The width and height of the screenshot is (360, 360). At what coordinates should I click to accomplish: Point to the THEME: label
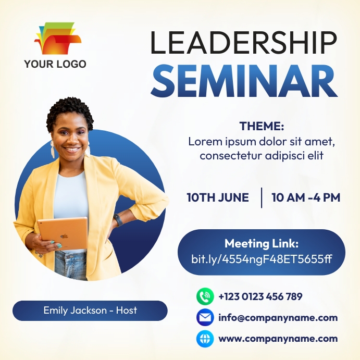click(x=262, y=126)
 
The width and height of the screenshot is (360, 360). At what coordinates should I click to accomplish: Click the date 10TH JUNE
click(x=218, y=197)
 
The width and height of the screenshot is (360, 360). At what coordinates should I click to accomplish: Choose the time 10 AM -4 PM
click(x=306, y=197)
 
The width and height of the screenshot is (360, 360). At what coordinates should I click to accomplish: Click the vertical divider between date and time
click(x=262, y=197)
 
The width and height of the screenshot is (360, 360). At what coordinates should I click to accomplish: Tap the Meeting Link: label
click(x=262, y=243)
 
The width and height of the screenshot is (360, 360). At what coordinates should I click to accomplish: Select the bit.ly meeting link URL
click(x=262, y=258)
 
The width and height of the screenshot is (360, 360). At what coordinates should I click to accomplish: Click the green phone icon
click(x=205, y=296)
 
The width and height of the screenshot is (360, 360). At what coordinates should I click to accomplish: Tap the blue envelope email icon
click(x=205, y=317)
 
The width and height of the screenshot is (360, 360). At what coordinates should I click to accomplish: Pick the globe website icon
click(x=205, y=339)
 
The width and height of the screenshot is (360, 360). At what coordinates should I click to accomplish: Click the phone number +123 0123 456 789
click(x=260, y=296)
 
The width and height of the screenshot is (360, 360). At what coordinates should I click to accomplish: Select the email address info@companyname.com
click(x=278, y=317)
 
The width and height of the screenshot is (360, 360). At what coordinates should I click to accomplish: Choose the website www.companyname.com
click(x=278, y=339)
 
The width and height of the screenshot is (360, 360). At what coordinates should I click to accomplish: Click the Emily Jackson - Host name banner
click(x=90, y=311)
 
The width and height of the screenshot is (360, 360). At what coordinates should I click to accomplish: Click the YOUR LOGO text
click(x=55, y=64)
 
